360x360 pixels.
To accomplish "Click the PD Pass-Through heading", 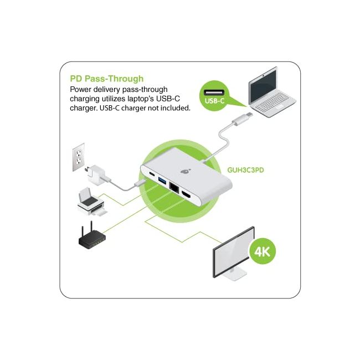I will pos(106,79).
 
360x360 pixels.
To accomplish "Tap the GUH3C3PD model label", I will pos(246,170).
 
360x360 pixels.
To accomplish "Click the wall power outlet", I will pos(79,158).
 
